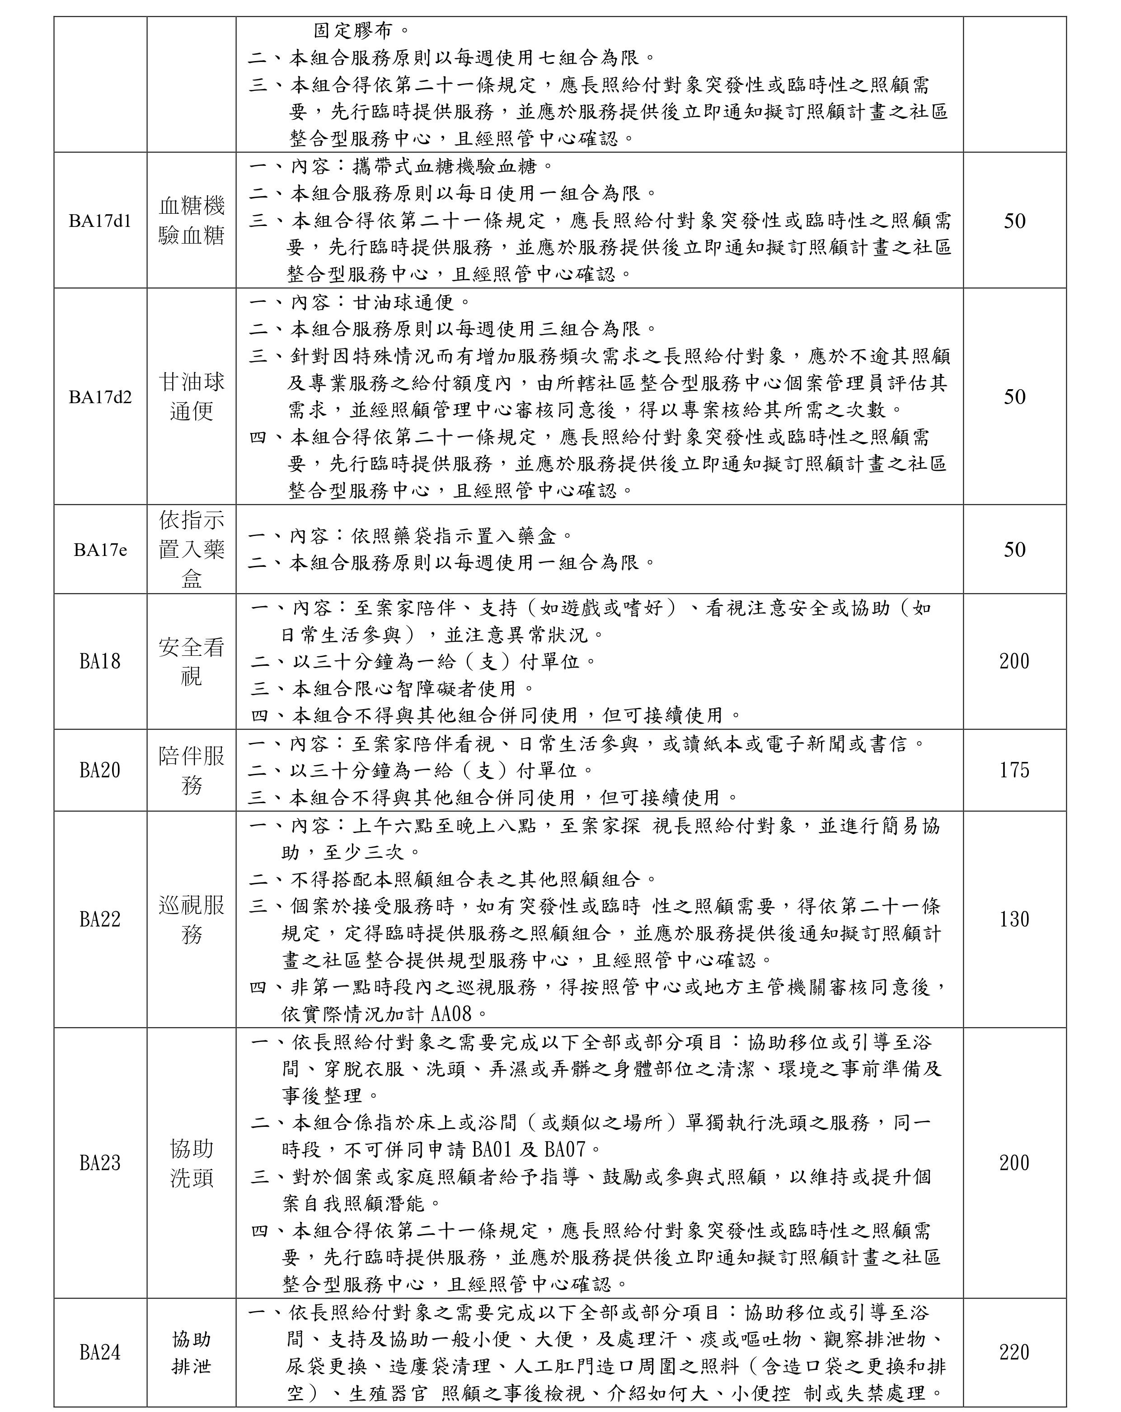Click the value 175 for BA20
[x=1014, y=770]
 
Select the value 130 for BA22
[x=1014, y=919]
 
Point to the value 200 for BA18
[x=1014, y=661]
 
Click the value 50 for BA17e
[x=1014, y=550]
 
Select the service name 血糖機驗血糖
[x=191, y=221]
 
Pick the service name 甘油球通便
[x=191, y=396]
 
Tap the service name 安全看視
[x=191, y=661]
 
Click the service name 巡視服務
[x=191, y=919]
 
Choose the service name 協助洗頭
[x=191, y=1163]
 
